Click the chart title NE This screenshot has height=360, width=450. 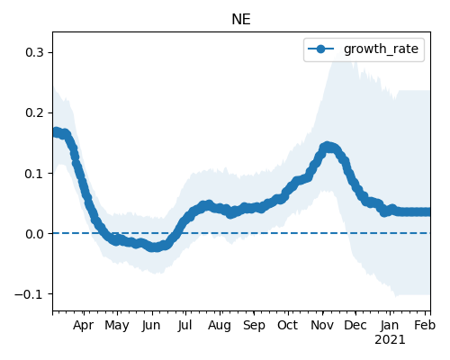241,20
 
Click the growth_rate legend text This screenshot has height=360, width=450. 381,49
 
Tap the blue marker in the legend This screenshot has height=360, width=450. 320,49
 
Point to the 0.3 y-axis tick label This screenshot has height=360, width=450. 34,52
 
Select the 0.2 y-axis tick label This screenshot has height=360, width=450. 34,112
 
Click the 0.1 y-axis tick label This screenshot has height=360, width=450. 34,174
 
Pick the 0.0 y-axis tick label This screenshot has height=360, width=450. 34,234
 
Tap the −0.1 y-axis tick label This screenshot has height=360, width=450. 29,294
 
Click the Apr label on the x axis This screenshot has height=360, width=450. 83,326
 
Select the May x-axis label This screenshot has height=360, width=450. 117,326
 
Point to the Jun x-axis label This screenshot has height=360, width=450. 151,326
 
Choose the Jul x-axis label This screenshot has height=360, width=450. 184,326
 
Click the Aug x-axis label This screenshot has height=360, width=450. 220,326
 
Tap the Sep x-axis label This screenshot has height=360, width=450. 254,326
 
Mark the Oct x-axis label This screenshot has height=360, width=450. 287,326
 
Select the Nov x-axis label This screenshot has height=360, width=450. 322,326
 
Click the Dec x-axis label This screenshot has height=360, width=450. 355,326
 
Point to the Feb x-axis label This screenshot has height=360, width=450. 425,326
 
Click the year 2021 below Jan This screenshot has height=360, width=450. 390,340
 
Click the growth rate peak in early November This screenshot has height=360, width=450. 328,147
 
